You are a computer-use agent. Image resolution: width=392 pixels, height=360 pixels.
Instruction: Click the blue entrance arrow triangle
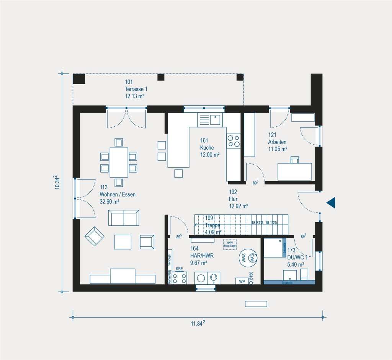tap(331, 203)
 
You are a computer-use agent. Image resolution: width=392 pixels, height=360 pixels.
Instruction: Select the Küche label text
tap(207, 148)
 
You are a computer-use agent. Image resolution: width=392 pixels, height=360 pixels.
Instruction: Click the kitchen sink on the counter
tap(215, 120)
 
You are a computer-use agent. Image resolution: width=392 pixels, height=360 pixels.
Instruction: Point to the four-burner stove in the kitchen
tap(233, 141)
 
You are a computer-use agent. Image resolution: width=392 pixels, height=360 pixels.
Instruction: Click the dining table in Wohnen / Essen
tap(119, 162)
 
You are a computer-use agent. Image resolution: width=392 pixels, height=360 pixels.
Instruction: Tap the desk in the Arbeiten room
tap(294, 172)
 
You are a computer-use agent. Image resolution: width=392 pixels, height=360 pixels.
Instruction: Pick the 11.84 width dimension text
tap(198, 323)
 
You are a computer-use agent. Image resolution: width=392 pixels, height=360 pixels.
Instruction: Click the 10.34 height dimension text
tap(57, 182)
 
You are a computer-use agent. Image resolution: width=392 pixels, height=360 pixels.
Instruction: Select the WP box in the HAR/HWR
tap(242, 281)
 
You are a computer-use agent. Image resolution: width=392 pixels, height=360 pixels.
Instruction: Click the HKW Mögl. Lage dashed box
tap(230, 244)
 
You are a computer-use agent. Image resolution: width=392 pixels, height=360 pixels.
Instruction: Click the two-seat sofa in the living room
tap(124, 218)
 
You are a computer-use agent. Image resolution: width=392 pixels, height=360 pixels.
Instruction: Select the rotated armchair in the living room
tap(94, 236)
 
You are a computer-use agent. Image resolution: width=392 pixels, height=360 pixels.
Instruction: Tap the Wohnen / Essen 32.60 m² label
tap(117, 194)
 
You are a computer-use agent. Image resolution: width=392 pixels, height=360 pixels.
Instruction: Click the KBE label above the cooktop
tap(179, 269)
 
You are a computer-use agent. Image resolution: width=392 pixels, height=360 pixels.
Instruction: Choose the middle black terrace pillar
tap(161, 77)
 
